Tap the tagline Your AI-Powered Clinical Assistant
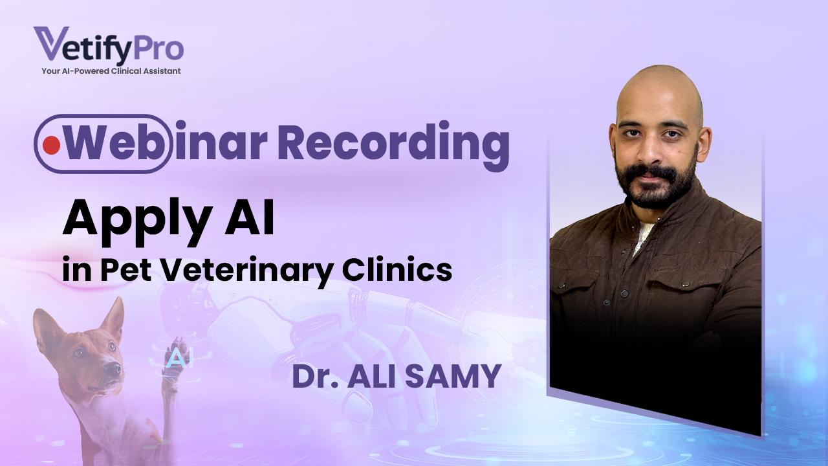pyautogui.click(x=111, y=71)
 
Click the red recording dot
pyautogui.click(x=51, y=146)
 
